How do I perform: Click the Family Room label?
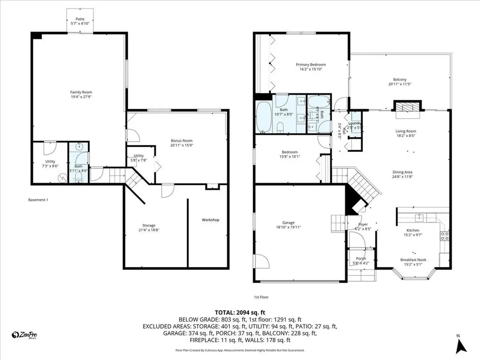tap(78, 92)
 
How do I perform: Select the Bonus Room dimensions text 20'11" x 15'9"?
tap(181, 145)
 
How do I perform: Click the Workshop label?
tap(210, 220)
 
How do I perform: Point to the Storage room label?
tap(149, 225)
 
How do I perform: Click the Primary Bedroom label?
tap(310, 65)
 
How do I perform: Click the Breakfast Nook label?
tap(413, 260)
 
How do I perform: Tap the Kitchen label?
tap(412, 230)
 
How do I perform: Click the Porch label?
tap(360, 258)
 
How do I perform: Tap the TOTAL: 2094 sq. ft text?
tap(240, 312)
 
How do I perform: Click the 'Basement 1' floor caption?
tap(38, 200)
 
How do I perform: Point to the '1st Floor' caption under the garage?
tap(261, 297)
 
